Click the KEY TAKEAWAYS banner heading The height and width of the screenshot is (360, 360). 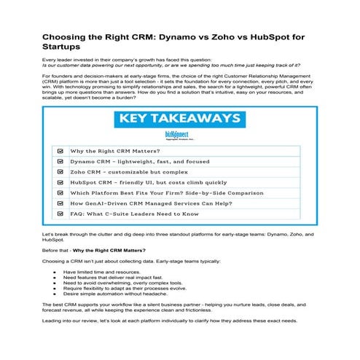click(179, 118)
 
